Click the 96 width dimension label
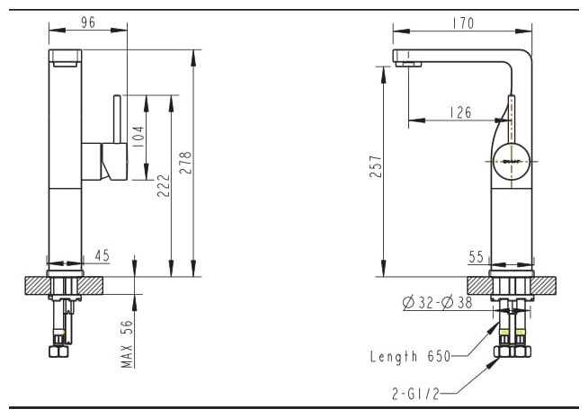click(88, 22)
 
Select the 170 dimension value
click(463, 23)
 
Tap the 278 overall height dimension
click(185, 163)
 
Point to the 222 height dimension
click(164, 185)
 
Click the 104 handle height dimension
click(138, 137)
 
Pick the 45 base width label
click(102, 255)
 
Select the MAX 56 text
click(127, 343)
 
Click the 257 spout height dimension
click(376, 166)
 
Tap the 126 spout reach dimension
click(460, 112)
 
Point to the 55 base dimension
click(476, 257)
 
